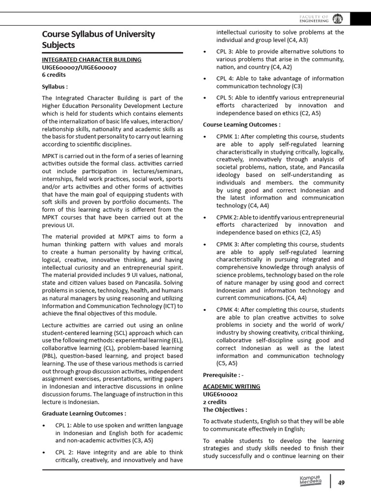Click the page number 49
click(341, 482)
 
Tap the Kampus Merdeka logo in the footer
click(310, 481)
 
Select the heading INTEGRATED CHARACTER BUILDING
click(92, 59)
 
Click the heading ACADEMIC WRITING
click(231, 386)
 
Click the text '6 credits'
click(54, 75)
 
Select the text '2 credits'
click(214, 402)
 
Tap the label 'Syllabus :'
click(55, 87)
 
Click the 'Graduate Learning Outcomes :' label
click(84, 413)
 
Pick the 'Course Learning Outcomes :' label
click(242, 125)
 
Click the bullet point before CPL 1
click(44, 425)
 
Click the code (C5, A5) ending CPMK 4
click(227, 363)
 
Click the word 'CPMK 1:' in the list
click(228, 137)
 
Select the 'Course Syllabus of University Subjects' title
click(99, 39)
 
